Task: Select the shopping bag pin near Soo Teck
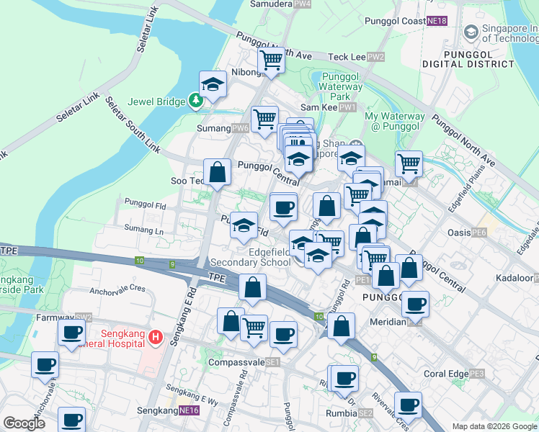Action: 218,173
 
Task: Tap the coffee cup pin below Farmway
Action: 71,333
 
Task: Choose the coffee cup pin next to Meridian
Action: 415,304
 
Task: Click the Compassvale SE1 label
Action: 244,362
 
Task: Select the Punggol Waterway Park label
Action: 339,86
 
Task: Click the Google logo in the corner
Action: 24,423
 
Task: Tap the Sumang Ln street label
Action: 144,230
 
